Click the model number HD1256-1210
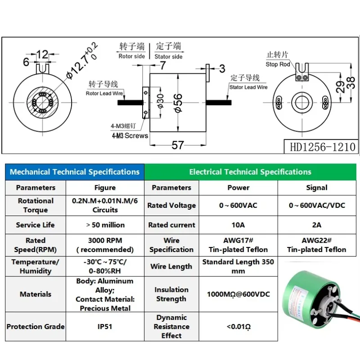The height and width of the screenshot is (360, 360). pyautogui.click(x=321, y=147)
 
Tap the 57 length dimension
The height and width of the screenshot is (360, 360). pyautogui.click(x=178, y=144)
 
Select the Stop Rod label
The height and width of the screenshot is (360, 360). pyautogui.click(x=278, y=64)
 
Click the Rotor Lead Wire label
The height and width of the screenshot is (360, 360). pyautogui.click(x=105, y=94)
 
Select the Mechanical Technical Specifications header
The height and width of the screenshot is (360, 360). pyautogui.click(x=75, y=172)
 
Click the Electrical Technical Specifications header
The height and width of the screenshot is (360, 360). pyautogui.click(x=250, y=172)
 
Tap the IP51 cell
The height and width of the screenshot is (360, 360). pyautogui.click(x=105, y=326)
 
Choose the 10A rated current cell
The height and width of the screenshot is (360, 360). pyautogui.click(x=238, y=225)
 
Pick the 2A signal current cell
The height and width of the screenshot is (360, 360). pyautogui.click(x=316, y=225)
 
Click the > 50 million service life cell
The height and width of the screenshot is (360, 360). pyautogui.click(x=105, y=225)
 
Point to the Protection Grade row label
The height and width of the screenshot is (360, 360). pyautogui.click(x=36, y=326)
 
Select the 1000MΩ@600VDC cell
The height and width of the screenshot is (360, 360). pyautogui.click(x=238, y=294)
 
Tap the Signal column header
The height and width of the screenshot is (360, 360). pyautogui.click(x=316, y=188)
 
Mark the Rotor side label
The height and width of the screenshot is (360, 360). pyautogui.click(x=131, y=56)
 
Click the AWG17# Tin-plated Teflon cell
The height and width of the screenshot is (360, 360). pyautogui.click(x=238, y=245)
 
